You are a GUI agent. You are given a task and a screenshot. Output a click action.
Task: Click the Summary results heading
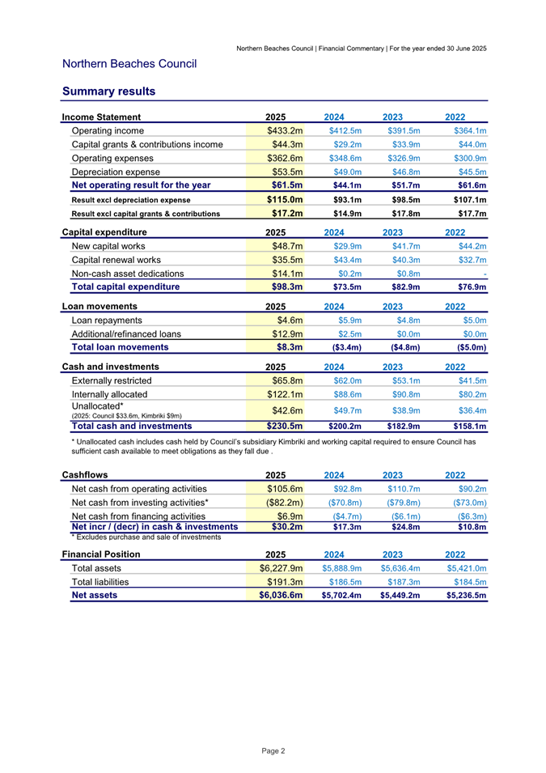108,91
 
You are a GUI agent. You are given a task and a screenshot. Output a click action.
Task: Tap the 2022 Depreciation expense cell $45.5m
470,172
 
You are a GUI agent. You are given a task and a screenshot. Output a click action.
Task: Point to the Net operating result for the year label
141,185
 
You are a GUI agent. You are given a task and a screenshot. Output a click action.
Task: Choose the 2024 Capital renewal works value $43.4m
345,260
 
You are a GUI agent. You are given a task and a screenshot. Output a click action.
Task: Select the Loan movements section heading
99,306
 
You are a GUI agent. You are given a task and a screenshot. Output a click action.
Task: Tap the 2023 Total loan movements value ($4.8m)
403,347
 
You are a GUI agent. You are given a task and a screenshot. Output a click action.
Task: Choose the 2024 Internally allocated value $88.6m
345,394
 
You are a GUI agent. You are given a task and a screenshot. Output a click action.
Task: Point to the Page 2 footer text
273,751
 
